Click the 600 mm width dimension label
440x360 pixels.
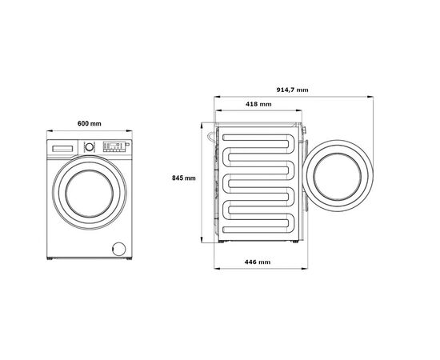pyautogui.click(x=90, y=123)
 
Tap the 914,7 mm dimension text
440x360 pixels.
pyautogui.click(x=293, y=90)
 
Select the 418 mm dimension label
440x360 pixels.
pyautogui.click(x=257, y=105)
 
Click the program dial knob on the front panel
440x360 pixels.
pyautogui.click(x=90, y=146)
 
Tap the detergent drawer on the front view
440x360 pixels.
pyautogui.click(x=63, y=147)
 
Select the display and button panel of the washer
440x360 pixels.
pyautogui.click(x=114, y=147)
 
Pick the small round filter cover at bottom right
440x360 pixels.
pyautogui.click(x=118, y=249)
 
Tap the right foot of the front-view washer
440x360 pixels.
pyautogui.click(x=126, y=258)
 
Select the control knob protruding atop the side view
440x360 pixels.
pyautogui.click(x=302, y=127)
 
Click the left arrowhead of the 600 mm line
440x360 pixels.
pyautogui.click(x=48, y=132)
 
